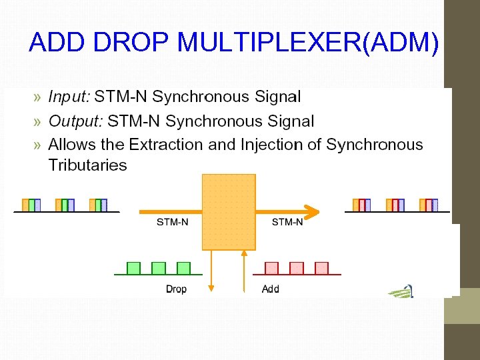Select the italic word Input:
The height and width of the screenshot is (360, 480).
[x=69, y=97]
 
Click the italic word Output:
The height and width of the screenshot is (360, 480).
[x=75, y=121]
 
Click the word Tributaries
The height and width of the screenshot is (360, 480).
[x=87, y=165]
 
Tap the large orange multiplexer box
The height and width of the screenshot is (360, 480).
[x=229, y=212]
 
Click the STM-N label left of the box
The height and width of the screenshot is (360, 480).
[x=172, y=222]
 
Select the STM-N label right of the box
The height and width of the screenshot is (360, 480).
[x=287, y=222]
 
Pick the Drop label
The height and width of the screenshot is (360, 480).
[x=176, y=289]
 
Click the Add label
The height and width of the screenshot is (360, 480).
[x=271, y=289]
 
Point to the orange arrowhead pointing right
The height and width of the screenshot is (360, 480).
[x=311, y=212]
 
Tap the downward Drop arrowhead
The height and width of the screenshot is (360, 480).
[x=211, y=288]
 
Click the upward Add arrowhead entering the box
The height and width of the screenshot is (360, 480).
[x=245, y=253]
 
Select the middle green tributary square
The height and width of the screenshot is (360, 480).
[x=159, y=268]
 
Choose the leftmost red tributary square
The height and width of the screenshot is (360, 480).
[x=271, y=268]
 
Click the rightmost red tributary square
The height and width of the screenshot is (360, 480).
[x=321, y=268]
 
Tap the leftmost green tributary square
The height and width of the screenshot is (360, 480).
[x=133, y=268]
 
